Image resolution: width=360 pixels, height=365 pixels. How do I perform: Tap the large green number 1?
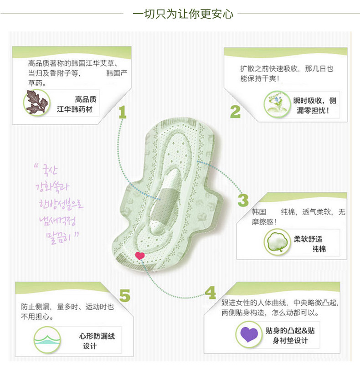122,112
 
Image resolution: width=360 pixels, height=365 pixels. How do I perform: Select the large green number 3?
243,200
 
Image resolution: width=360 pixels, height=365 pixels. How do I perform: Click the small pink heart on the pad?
140,256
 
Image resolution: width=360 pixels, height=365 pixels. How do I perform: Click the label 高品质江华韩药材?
77,103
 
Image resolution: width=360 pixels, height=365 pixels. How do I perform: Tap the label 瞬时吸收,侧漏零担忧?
314,105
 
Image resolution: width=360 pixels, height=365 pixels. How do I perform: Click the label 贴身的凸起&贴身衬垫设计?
290,335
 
